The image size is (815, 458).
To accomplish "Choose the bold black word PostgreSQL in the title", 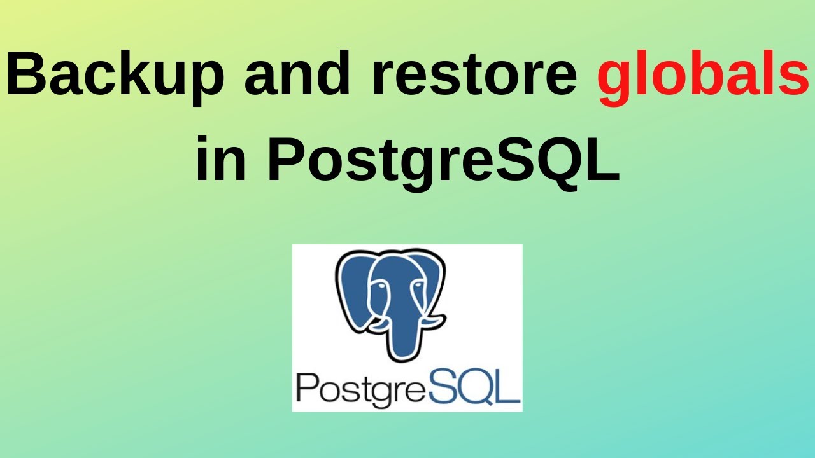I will click(x=443, y=159).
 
